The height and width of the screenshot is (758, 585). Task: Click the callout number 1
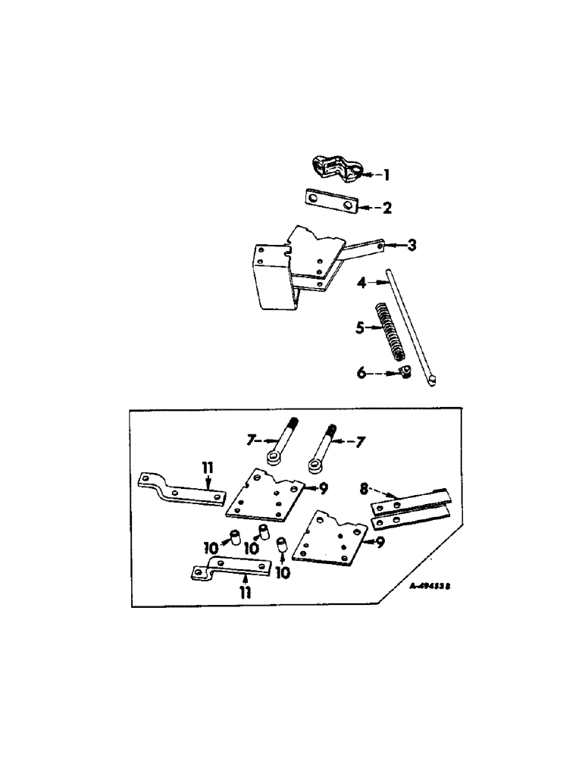coord(385,175)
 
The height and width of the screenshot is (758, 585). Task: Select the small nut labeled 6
coord(404,373)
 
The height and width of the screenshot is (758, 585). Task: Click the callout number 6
coord(361,372)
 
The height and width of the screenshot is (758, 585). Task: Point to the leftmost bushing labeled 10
coord(235,539)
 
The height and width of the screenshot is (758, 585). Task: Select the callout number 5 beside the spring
coord(361,327)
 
